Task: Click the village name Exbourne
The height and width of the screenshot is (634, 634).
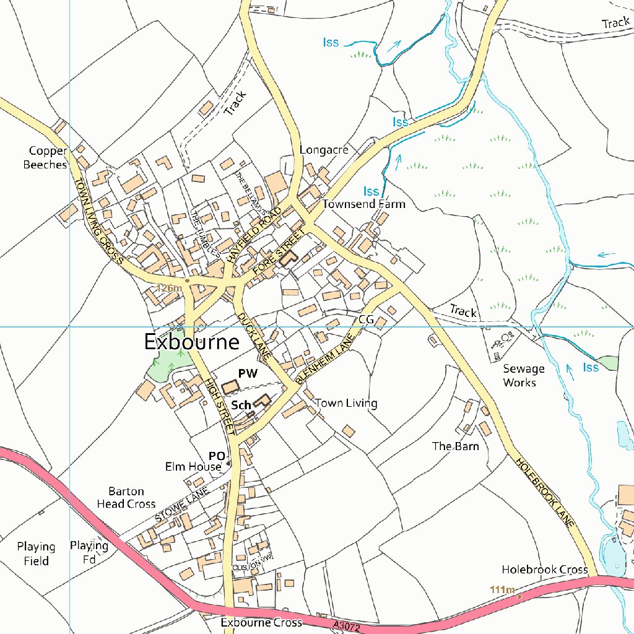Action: pyautogui.click(x=191, y=342)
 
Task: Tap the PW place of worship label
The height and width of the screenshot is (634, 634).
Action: pyautogui.click(x=248, y=373)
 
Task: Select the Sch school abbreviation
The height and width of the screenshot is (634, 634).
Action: pyautogui.click(x=241, y=406)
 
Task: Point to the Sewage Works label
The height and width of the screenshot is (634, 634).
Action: pyautogui.click(x=523, y=376)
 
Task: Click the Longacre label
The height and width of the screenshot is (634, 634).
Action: pyautogui.click(x=324, y=150)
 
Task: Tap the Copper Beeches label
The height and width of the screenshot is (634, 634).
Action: pyautogui.click(x=45, y=158)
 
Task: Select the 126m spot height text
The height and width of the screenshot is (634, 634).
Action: pyautogui.click(x=168, y=288)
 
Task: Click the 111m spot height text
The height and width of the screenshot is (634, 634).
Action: pyautogui.click(x=502, y=589)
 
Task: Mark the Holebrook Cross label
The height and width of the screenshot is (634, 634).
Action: pyautogui.click(x=544, y=569)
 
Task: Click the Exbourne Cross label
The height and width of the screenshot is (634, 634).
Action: pyautogui.click(x=261, y=622)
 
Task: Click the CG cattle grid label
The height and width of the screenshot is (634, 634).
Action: pyautogui.click(x=366, y=319)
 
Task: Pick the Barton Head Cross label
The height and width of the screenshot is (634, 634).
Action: pyautogui.click(x=126, y=498)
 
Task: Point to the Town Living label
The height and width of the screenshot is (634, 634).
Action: pyautogui.click(x=346, y=403)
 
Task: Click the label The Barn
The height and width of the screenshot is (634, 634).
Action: pyautogui.click(x=455, y=446)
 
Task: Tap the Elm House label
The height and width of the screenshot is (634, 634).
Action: pyautogui.click(x=193, y=467)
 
